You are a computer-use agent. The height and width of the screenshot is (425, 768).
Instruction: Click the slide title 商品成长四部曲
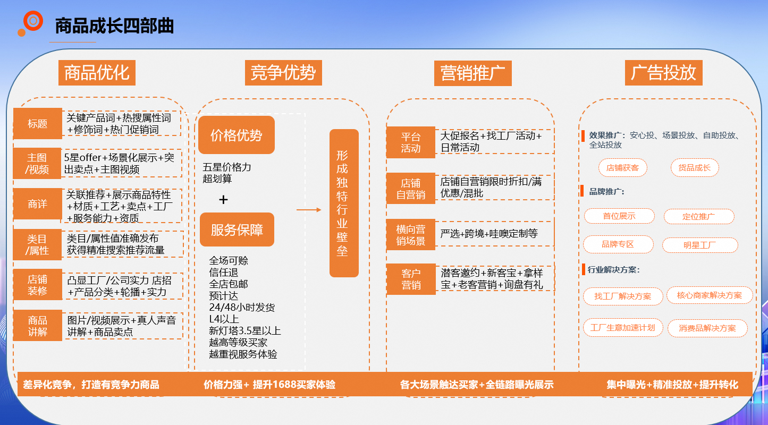(x=114, y=25)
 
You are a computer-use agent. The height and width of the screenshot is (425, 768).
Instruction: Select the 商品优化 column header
(x=97, y=72)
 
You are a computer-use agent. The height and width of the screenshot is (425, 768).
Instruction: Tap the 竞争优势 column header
(x=283, y=72)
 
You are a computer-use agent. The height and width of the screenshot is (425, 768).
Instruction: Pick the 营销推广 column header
(x=472, y=73)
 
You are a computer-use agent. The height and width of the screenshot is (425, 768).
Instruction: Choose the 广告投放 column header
(x=663, y=72)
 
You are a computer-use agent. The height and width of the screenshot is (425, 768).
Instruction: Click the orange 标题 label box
(x=38, y=124)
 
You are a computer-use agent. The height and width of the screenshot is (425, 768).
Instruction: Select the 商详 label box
(x=38, y=204)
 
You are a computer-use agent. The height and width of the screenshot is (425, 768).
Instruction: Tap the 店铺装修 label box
(x=38, y=285)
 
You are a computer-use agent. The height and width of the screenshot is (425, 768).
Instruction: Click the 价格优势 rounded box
(x=237, y=135)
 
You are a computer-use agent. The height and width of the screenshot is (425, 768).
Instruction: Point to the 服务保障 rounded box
(x=237, y=229)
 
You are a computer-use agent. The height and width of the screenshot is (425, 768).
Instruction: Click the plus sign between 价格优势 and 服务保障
(x=223, y=200)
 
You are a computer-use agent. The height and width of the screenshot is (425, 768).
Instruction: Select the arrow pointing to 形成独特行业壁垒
(x=309, y=210)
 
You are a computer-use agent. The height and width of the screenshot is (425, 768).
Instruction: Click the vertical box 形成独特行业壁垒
(x=343, y=203)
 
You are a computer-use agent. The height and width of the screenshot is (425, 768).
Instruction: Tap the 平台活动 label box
(x=411, y=142)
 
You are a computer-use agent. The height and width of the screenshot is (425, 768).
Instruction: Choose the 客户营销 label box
(x=411, y=279)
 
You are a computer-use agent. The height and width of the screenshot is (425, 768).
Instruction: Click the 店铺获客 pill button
(x=622, y=168)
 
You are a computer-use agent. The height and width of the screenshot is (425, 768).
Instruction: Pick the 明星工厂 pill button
(x=699, y=245)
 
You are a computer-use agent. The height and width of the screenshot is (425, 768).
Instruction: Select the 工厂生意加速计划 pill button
(x=622, y=328)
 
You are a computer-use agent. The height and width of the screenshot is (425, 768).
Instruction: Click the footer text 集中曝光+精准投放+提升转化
(x=672, y=385)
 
